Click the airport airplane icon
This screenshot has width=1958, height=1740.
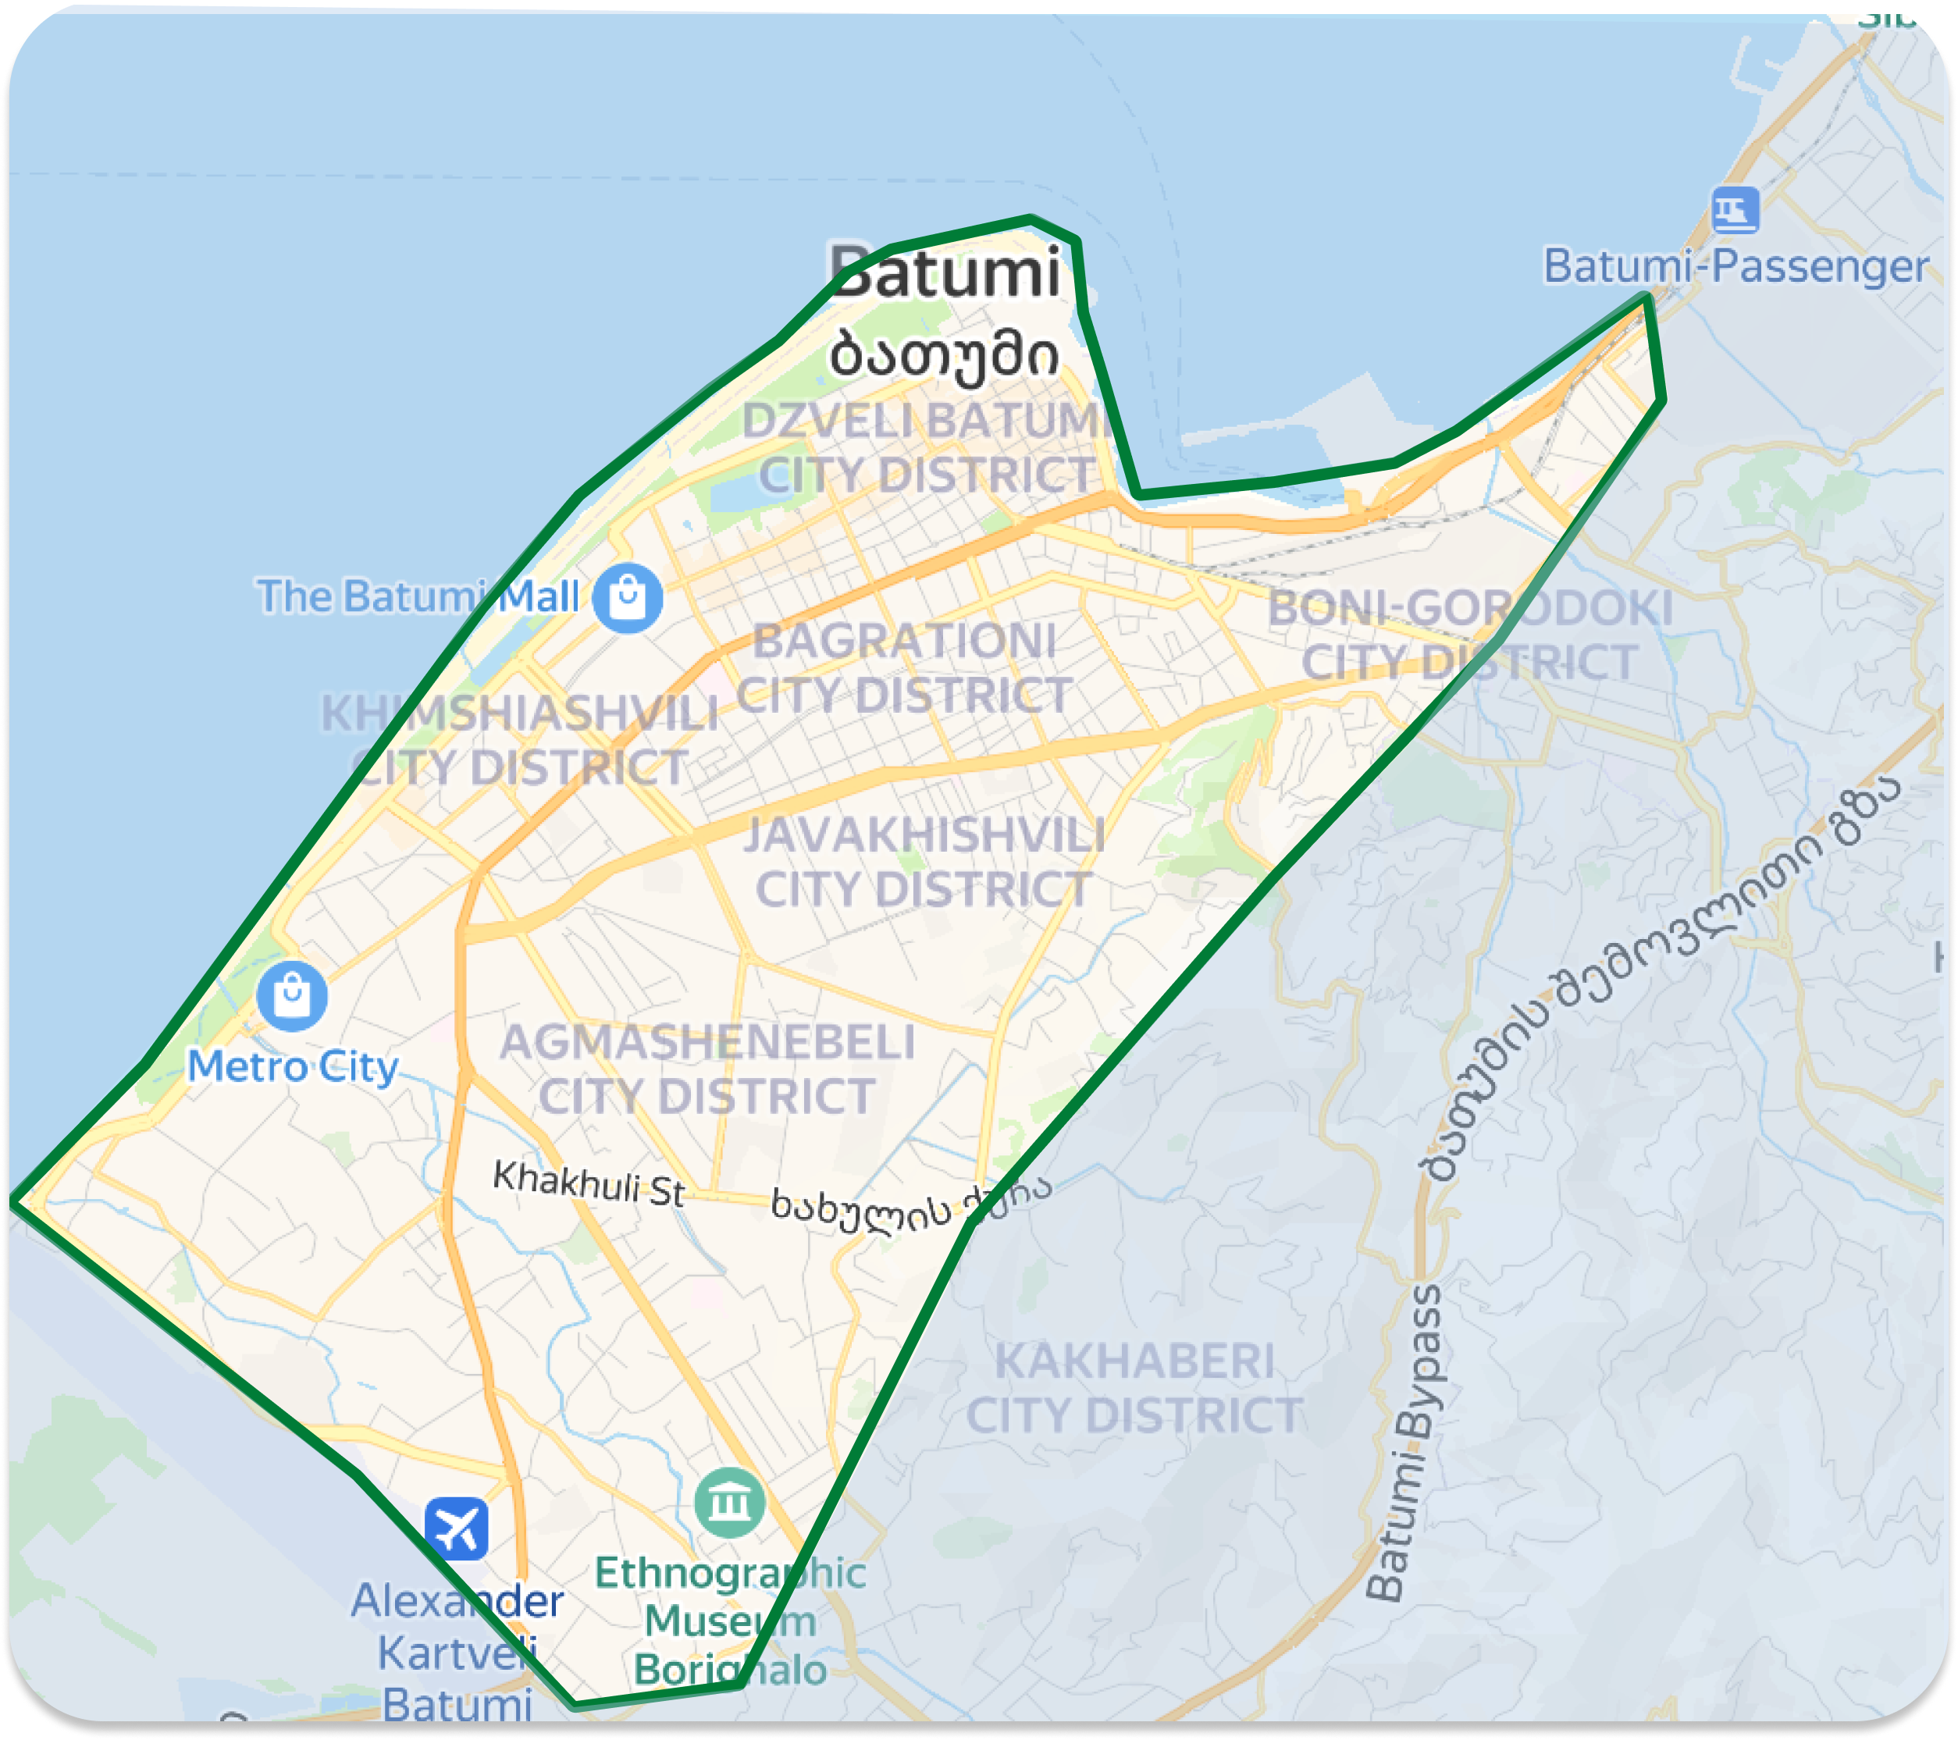pyautogui.click(x=457, y=1528)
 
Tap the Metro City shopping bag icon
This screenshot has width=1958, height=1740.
pyautogui.click(x=292, y=996)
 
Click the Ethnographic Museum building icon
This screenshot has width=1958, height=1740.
pyautogui.click(x=730, y=1503)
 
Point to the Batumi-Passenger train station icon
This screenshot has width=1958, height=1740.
pyautogui.click(x=1735, y=210)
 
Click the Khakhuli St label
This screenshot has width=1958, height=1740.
pyautogui.click(x=588, y=1183)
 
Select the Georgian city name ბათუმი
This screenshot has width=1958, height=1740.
pyautogui.click(x=945, y=355)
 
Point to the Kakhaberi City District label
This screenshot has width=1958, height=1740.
pyautogui.click(x=1134, y=1389)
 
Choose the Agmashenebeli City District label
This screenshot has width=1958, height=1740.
pyautogui.click(x=707, y=1069)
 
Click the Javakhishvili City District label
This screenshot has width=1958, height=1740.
pyautogui.click(x=924, y=862)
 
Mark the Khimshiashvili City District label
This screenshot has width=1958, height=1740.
pyautogui.click(x=519, y=740)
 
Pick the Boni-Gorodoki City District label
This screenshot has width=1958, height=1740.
pyautogui.click(x=1469, y=635)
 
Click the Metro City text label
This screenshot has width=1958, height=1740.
pyautogui.click(x=292, y=1066)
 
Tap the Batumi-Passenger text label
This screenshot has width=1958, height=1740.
pyautogui.click(x=1735, y=266)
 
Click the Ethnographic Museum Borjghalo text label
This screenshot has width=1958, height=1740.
pyautogui.click(x=730, y=1621)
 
